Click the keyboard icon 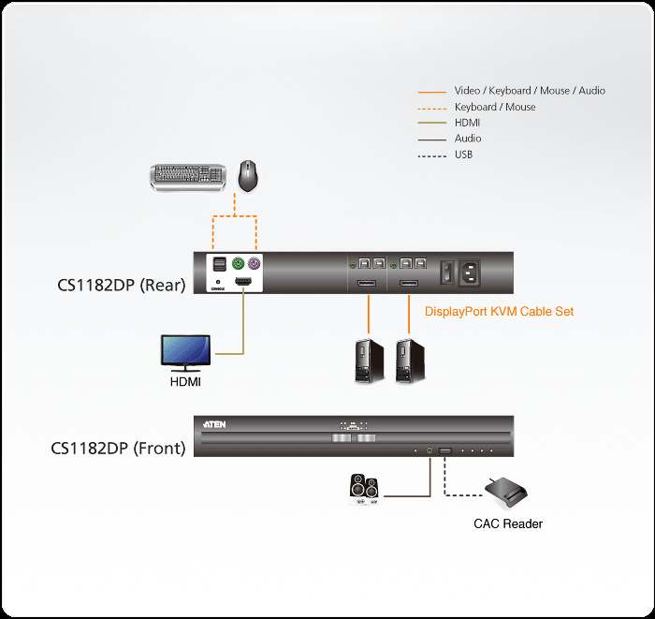(x=187, y=176)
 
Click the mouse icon (x=248, y=175)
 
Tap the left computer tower (x=368, y=361)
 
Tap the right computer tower (x=410, y=361)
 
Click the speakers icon (x=362, y=488)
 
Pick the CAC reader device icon (x=506, y=491)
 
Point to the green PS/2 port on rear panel (x=238, y=264)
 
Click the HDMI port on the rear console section (x=244, y=282)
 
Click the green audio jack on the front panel (x=429, y=451)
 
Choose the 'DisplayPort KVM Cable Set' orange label (x=500, y=312)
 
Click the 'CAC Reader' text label (x=507, y=523)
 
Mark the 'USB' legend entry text (x=464, y=155)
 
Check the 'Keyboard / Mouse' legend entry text (x=495, y=107)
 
